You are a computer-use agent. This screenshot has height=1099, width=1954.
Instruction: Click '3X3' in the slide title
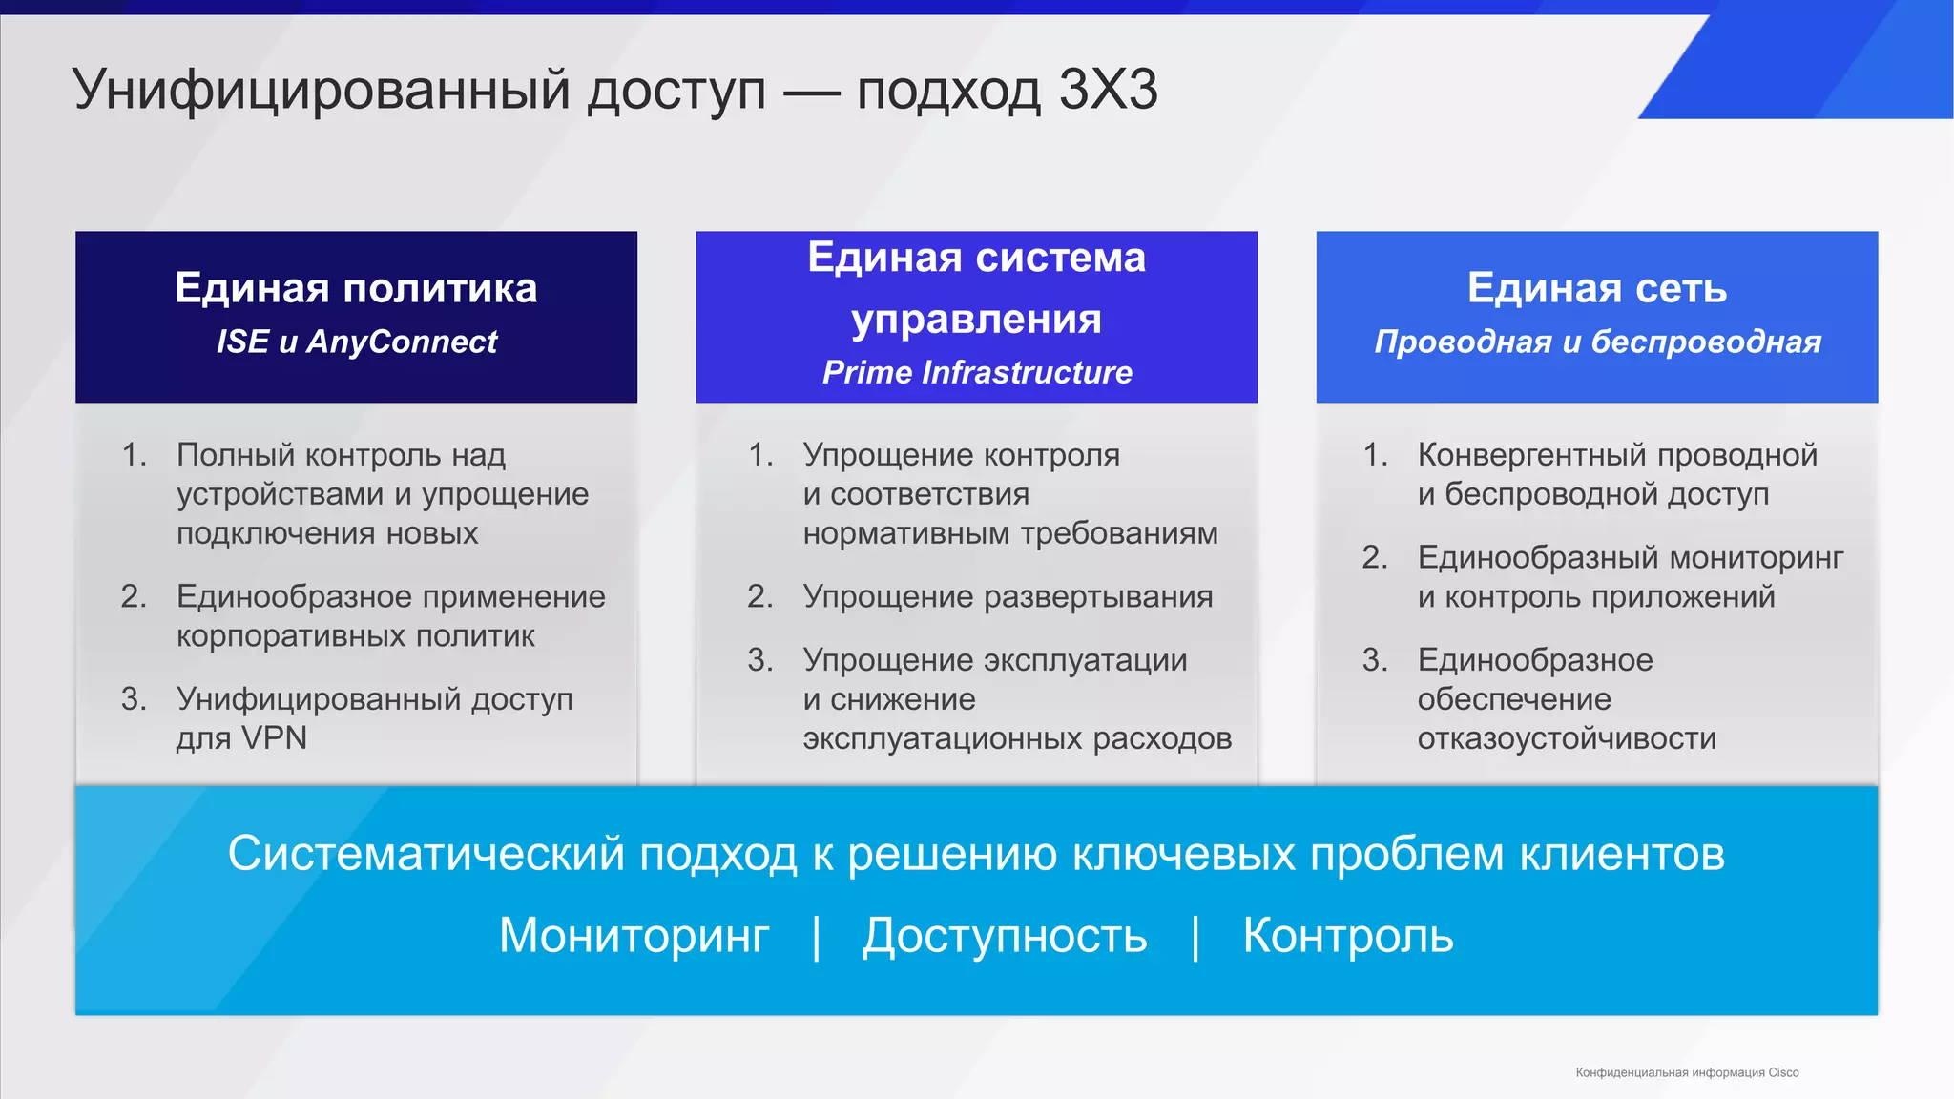tap(1108, 91)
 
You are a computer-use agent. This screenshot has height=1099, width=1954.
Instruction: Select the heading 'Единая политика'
tap(356, 288)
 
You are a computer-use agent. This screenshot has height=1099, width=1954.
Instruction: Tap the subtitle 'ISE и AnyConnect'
tap(357, 342)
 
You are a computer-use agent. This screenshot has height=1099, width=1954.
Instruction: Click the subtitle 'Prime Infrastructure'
tap(977, 372)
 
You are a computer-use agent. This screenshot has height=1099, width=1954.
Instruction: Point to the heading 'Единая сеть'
tap(1596, 288)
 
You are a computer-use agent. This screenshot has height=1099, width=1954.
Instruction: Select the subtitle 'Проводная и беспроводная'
tap(1597, 342)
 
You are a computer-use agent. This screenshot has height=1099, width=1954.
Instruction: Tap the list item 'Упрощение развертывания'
tap(1008, 597)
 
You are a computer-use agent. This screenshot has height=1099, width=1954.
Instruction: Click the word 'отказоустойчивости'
tap(1567, 738)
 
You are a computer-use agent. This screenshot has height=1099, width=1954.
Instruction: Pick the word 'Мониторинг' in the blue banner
tap(634, 936)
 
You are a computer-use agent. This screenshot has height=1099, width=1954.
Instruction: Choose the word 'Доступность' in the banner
tap(1005, 936)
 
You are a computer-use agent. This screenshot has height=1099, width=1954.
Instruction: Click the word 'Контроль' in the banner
tap(1347, 936)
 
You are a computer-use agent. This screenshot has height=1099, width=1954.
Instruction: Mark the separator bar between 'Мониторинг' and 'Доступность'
tap(816, 937)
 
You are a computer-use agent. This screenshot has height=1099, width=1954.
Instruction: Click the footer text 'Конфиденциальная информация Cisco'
tap(1687, 1073)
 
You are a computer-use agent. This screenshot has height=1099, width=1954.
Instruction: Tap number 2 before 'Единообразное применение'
tap(134, 597)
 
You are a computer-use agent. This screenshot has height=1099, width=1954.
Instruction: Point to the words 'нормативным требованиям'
tap(1010, 533)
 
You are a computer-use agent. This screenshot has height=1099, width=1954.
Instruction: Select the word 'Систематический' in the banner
tap(426, 854)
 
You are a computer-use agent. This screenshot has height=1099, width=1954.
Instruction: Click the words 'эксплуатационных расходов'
tap(1017, 738)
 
